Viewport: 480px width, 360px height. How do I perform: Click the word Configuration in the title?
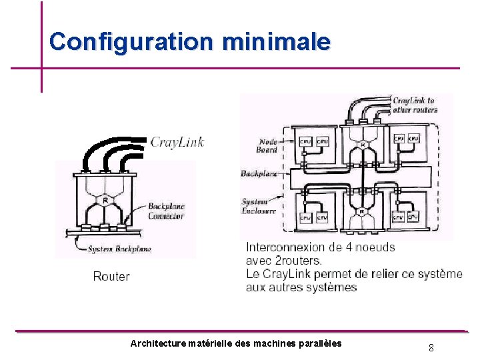point(131,41)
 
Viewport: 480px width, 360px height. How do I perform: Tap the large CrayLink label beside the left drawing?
point(177,141)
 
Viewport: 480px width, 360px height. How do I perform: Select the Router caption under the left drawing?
point(111,276)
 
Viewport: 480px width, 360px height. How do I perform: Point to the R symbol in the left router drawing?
point(105,200)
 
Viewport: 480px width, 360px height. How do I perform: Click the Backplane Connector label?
point(166,211)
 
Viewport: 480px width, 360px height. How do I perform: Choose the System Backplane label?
point(120,249)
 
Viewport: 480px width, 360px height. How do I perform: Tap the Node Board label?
point(268,146)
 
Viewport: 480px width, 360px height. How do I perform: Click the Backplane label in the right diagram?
point(259,173)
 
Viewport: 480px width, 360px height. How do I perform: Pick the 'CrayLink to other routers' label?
point(413,105)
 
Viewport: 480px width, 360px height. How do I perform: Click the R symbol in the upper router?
point(362,145)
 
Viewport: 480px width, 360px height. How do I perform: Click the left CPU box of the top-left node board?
point(305,141)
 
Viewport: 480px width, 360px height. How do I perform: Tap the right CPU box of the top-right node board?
point(413,139)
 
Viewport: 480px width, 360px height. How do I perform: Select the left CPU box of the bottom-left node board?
point(305,218)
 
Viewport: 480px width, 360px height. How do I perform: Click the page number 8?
point(431,347)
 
